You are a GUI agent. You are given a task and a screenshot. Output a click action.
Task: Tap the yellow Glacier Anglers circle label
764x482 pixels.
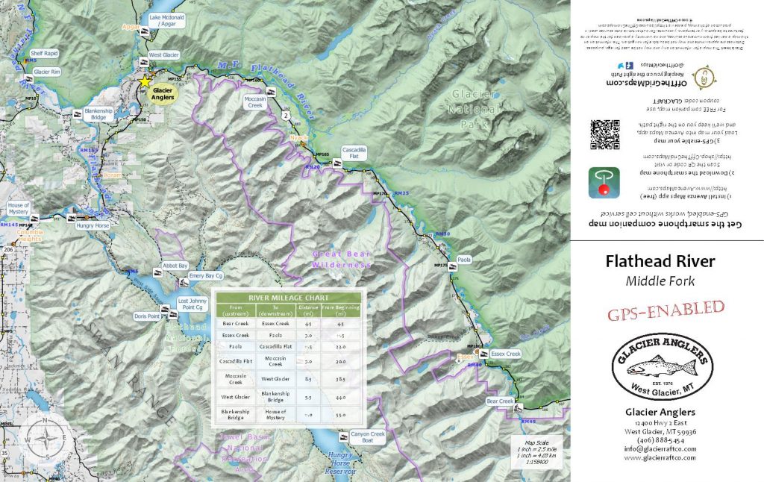[163, 94]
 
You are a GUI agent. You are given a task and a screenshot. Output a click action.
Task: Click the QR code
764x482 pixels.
[604, 135]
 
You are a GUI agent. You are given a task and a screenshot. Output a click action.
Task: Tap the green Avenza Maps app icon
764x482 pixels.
[604, 183]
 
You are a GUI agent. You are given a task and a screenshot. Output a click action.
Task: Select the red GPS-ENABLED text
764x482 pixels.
[666, 309]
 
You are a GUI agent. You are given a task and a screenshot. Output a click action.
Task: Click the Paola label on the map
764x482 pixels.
[464, 260]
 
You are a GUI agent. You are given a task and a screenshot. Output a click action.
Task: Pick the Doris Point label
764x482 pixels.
[148, 316]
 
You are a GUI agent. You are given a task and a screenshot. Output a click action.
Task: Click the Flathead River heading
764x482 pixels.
[660, 262]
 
